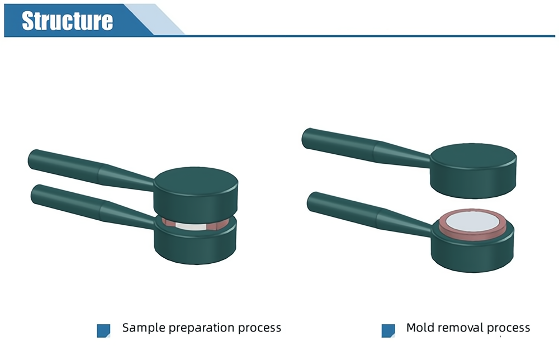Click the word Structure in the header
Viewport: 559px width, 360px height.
coord(68,20)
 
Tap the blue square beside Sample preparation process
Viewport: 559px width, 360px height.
coord(103,330)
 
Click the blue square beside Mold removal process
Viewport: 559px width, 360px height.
coord(388,330)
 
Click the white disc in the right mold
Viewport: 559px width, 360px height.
coord(472,221)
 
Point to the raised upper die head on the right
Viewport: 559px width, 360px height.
coord(473,170)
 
